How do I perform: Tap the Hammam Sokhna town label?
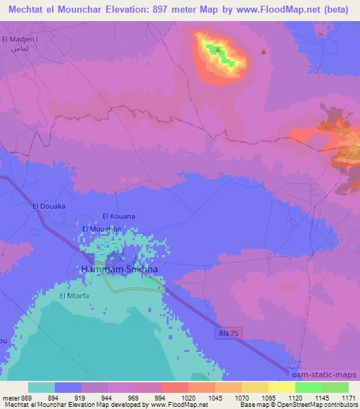click(119, 269)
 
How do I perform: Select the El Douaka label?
click(49, 205)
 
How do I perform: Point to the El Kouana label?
click(118, 216)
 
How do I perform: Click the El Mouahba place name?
click(101, 229)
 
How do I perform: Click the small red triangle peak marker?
click(264, 51)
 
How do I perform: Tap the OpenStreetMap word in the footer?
click(303, 405)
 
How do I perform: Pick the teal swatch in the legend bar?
click(41, 387)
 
